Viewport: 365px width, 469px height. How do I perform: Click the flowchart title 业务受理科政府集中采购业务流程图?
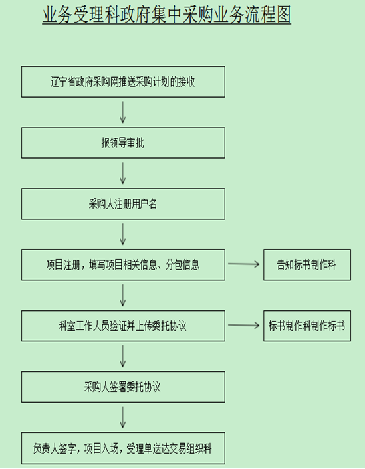pyautogui.click(x=166, y=15)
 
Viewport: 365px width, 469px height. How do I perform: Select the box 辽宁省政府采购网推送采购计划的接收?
pyautogui.click(x=123, y=82)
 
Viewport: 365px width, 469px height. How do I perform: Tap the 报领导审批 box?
pyautogui.click(x=123, y=143)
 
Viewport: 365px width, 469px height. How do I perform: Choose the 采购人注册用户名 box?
pyautogui.click(x=123, y=204)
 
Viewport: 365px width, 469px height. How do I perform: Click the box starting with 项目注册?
pyautogui.click(x=123, y=265)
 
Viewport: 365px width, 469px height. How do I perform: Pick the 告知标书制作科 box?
pyautogui.click(x=307, y=265)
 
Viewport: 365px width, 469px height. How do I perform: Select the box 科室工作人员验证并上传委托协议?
pyautogui.click(x=123, y=326)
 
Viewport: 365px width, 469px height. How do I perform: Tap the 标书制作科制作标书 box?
pyautogui.click(x=307, y=326)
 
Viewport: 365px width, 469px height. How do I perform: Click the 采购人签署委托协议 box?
pyautogui.click(x=123, y=387)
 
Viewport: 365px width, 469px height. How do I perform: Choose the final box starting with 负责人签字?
pyautogui.click(x=123, y=448)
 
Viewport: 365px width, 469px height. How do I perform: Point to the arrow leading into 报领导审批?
pyautogui.click(x=122, y=112)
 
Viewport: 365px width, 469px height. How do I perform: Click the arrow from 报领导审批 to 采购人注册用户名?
pyautogui.click(x=122, y=173)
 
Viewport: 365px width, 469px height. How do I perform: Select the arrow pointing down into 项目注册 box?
pyautogui.click(x=122, y=234)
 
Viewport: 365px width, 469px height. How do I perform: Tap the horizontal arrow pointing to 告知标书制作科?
pyautogui.click(x=244, y=264)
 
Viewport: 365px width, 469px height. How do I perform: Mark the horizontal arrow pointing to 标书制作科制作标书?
pyautogui.click(x=244, y=325)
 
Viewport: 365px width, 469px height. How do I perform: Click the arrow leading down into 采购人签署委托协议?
pyautogui.click(x=122, y=356)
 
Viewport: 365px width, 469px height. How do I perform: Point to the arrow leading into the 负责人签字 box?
pyautogui.click(x=122, y=417)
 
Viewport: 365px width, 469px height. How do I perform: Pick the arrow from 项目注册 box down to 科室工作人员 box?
pyautogui.click(x=122, y=295)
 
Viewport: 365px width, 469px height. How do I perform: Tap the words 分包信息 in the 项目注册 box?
pyautogui.click(x=182, y=265)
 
